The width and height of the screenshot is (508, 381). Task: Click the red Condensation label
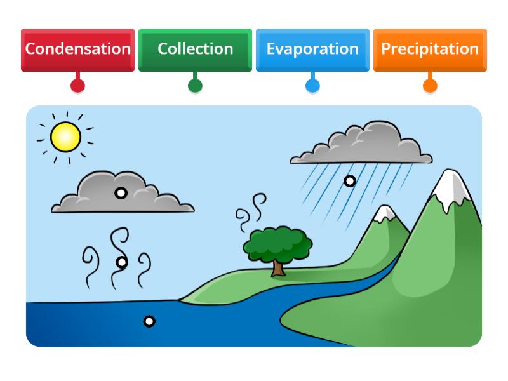77,49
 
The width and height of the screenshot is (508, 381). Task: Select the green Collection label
195,49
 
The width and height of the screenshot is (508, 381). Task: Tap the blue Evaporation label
312,49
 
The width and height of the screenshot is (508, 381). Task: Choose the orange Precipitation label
430,49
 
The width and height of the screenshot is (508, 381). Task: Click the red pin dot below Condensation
77,85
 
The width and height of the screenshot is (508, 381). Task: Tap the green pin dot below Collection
195,85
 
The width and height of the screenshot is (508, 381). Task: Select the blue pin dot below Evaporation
312,85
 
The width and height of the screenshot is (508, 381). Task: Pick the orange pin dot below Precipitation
430,85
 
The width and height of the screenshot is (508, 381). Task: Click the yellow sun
65,137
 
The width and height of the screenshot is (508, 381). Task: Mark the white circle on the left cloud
121,193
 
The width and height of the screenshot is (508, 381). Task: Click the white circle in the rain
349,181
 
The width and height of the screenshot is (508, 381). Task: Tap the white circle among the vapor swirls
122,262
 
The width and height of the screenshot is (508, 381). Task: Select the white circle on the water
149,321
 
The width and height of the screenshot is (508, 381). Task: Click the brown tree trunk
278,267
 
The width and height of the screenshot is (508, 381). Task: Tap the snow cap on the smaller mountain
385,215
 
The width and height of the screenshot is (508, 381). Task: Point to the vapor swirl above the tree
250,213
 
